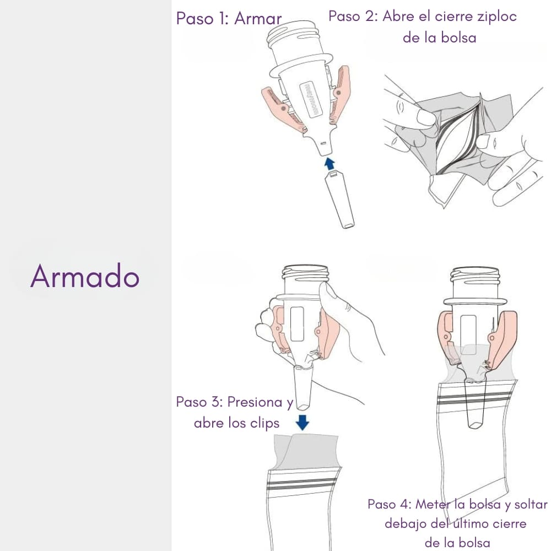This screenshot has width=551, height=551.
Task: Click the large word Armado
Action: (85, 276)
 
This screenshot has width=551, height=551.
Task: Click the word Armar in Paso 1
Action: (258, 18)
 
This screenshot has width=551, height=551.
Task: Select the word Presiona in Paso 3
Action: (255, 402)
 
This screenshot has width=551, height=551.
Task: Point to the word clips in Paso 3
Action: (264, 423)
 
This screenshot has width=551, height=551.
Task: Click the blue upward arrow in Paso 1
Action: (329, 164)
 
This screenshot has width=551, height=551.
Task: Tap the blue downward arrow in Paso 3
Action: (302, 423)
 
